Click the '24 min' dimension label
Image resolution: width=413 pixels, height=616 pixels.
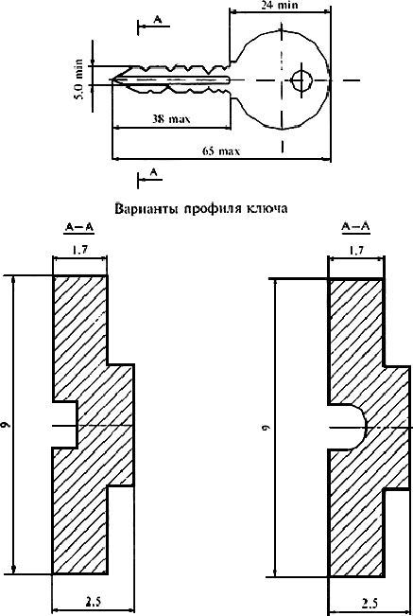click(x=280, y=5)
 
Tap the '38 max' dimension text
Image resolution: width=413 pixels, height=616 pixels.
click(x=171, y=118)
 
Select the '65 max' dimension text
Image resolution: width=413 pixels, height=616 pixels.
click(x=221, y=150)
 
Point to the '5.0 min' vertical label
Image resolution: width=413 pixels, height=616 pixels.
click(x=78, y=79)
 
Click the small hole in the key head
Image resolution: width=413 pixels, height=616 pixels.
click(x=301, y=81)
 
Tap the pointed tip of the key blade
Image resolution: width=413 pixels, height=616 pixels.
click(x=112, y=80)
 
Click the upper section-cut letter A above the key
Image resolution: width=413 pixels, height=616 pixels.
click(x=157, y=19)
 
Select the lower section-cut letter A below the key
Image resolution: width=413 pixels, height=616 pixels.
click(x=154, y=171)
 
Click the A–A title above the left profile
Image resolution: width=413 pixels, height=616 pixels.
click(x=78, y=227)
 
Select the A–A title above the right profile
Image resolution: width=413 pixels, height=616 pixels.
click(x=355, y=227)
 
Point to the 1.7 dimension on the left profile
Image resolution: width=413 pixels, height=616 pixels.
click(x=79, y=250)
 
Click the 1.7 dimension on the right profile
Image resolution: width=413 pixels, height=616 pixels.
click(x=355, y=250)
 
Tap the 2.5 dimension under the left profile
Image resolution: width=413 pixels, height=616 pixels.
click(x=93, y=602)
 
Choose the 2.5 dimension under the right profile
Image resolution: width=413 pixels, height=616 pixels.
click(x=370, y=603)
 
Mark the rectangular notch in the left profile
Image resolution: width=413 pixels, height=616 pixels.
click(x=65, y=425)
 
